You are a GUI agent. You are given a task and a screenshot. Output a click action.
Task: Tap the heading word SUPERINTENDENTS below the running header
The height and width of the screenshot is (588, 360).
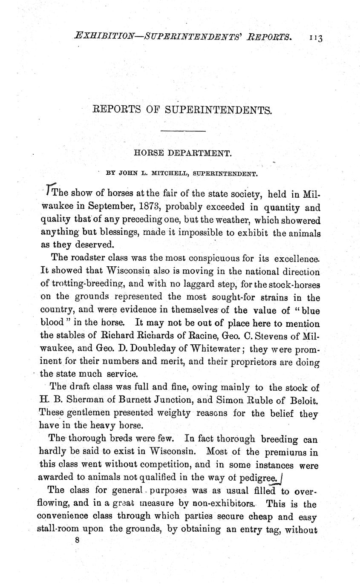[x=218, y=110]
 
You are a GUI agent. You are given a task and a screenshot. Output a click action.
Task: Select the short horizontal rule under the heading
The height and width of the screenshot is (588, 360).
[x=184, y=131]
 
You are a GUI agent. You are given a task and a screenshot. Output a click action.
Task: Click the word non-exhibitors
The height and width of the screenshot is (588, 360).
[x=225, y=503]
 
